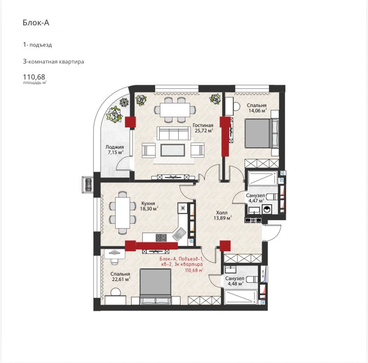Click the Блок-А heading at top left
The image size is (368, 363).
pyautogui.click(x=36, y=23)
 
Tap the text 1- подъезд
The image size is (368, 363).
pyautogui.click(x=37, y=45)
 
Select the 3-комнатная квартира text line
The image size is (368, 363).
pyautogui.click(x=53, y=62)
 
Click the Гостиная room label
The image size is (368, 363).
pyautogui.click(x=203, y=126)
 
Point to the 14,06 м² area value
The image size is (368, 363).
pyautogui.click(x=258, y=110)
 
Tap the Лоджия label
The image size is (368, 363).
pyautogui.click(x=115, y=147)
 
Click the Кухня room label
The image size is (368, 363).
pyautogui.click(x=148, y=203)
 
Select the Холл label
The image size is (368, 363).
pyautogui.click(x=221, y=213)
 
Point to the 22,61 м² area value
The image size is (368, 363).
pyautogui.click(x=121, y=279)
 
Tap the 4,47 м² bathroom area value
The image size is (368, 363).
pyautogui.click(x=256, y=201)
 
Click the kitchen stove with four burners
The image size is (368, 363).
pyautogui.click(x=161, y=237)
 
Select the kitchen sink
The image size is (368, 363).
pyautogui.click(x=179, y=234)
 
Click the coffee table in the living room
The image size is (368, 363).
pyautogui.click(x=172, y=150)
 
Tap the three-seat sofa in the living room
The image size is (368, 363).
pyautogui.click(x=174, y=133)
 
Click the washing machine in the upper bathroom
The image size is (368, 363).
pyautogui.click(x=267, y=209)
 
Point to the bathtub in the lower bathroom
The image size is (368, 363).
pyautogui.click(x=241, y=297)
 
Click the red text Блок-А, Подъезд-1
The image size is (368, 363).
pyautogui.click(x=181, y=259)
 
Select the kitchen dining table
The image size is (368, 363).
pyautogui.click(x=123, y=212)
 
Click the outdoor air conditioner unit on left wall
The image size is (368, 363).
pyautogui.click(x=88, y=185)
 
